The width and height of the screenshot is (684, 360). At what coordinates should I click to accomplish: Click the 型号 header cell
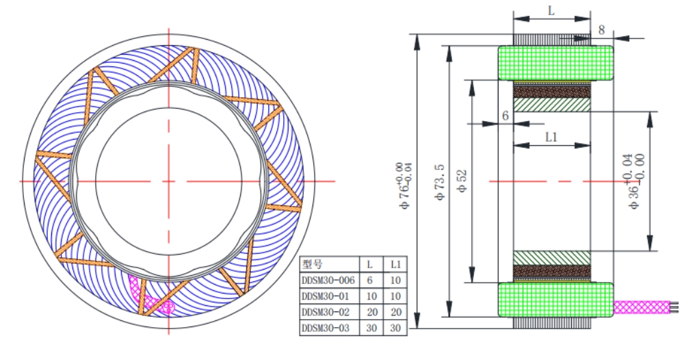tap(313, 263)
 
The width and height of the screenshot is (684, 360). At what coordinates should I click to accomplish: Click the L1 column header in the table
tap(395, 263)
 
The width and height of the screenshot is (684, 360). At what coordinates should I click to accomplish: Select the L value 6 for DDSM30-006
tap(370, 280)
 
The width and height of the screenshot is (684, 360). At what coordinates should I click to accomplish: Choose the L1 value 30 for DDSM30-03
tap(395, 329)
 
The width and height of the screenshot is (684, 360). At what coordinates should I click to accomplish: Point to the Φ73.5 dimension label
tap(440, 181)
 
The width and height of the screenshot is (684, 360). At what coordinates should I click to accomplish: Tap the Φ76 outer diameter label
tap(404, 181)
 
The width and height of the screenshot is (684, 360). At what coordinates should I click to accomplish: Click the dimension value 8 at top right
tap(601, 30)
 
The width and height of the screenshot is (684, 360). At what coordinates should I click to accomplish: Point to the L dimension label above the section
tap(551, 11)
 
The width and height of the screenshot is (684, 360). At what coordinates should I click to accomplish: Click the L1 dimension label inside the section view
tap(552, 137)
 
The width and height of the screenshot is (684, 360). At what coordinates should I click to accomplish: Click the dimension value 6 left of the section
tap(505, 116)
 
